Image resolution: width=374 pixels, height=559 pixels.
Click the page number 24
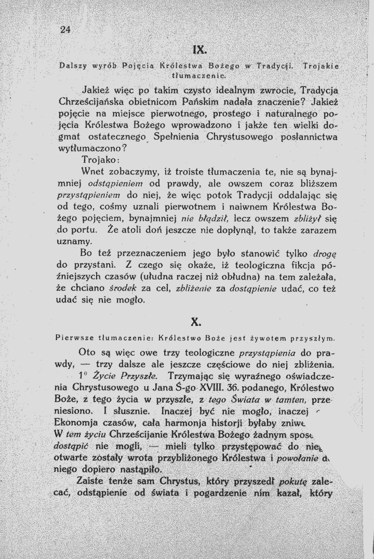(x=65, y=30)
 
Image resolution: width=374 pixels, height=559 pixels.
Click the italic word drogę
(x=326, y=255)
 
